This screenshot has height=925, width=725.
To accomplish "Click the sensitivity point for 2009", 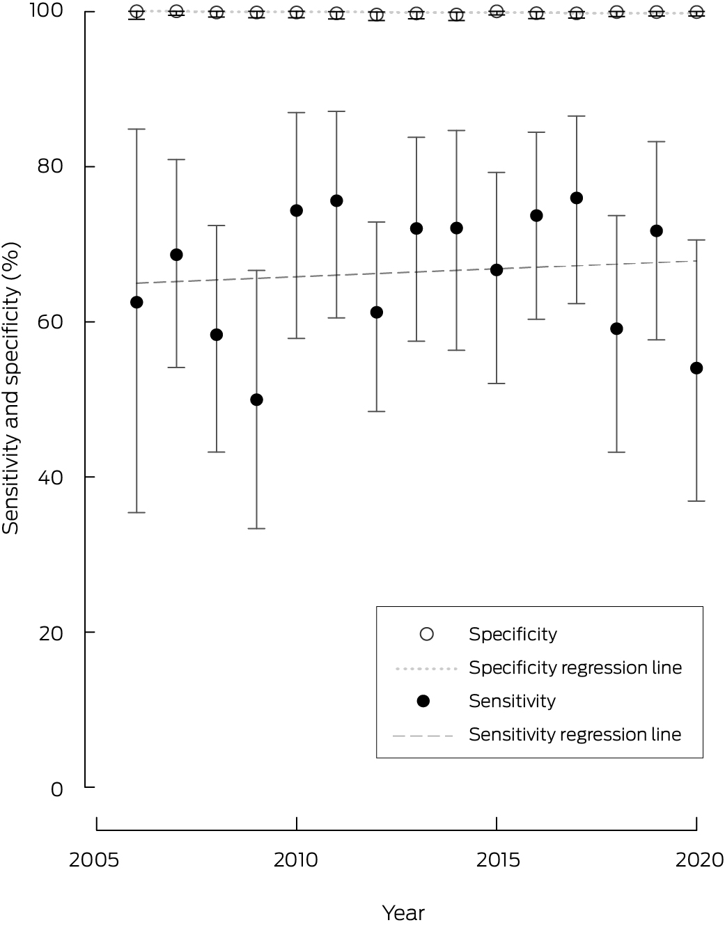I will [x=256, y=400].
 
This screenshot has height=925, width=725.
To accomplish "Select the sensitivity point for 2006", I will [x=137, y=302].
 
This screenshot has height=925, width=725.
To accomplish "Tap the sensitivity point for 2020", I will [x=696, y=368].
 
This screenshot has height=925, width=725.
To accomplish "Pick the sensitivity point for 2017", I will [x=576, y=198].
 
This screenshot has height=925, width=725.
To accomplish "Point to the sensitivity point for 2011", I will [x=336, y=201].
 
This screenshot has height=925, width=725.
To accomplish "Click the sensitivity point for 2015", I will [x=497, y=270].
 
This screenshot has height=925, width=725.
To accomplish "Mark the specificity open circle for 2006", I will [x=137, y=12].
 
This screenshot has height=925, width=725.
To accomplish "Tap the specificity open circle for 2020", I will [x=696, y=12].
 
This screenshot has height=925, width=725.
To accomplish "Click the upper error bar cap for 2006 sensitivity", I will [x=137, y=129].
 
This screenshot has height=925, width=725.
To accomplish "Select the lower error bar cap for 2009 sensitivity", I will [x=256, y=528].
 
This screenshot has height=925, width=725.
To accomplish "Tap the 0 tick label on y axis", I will [x=56, y=789].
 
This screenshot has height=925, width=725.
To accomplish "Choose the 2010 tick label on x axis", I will [x=296, y=860].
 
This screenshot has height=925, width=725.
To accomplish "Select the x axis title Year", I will [x=403, y=912].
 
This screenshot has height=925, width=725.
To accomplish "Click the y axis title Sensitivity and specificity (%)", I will [x=11, y=388].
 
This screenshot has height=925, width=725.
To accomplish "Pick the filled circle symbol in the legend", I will [x=423, y=701].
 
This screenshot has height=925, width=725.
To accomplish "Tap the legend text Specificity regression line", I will [x=575, y=667].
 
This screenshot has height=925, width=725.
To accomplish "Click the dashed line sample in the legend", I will [x=423, y=735].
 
